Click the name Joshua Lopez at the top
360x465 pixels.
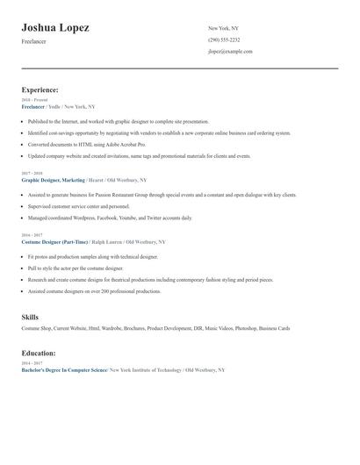click(x=55, y=27)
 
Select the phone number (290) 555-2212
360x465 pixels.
click(x=223, y=40)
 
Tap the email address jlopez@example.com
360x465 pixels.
click(x=230, y=52)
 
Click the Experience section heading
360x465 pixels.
click(x=40, y=89)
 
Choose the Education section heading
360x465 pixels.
click(x=39, y=353)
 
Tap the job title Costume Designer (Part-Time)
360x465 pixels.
click(x=55, y=241)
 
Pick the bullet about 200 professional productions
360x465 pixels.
click(x=94, y=291)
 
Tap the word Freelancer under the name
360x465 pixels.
click(x=34, y=42)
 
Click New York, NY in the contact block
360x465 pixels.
click(x=224, y=29)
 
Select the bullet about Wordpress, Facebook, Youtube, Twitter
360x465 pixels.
click(x=110, y=218)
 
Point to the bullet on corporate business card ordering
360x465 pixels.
click(x=158, y=132)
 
